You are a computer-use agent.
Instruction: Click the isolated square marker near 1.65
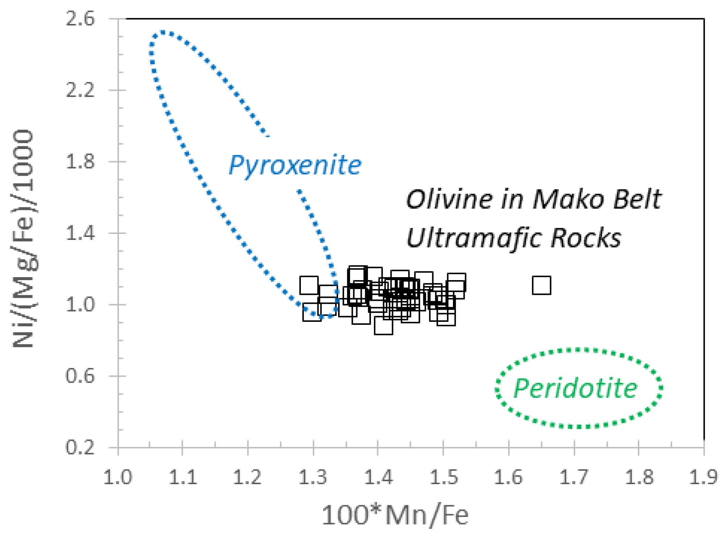coord(541,285)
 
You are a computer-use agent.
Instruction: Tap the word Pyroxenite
coord(295,165)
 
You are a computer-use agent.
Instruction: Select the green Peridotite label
coord(575,388)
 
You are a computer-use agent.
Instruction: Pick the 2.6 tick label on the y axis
coord(80,18)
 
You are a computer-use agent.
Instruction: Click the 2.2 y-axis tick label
coord(80,90)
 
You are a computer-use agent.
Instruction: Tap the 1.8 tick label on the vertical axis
coord(80,161)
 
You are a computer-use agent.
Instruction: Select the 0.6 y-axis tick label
coord(80,376)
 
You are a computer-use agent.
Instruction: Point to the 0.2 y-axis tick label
coord(80,447)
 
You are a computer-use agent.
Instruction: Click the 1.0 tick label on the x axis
coord(118,477)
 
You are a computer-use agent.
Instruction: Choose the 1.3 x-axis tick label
coord(313,477)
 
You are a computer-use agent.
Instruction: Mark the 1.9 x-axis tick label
coord(704,477)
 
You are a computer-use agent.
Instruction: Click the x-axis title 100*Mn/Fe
coord(395,515)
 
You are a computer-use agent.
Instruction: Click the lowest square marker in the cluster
coord(383,326)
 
